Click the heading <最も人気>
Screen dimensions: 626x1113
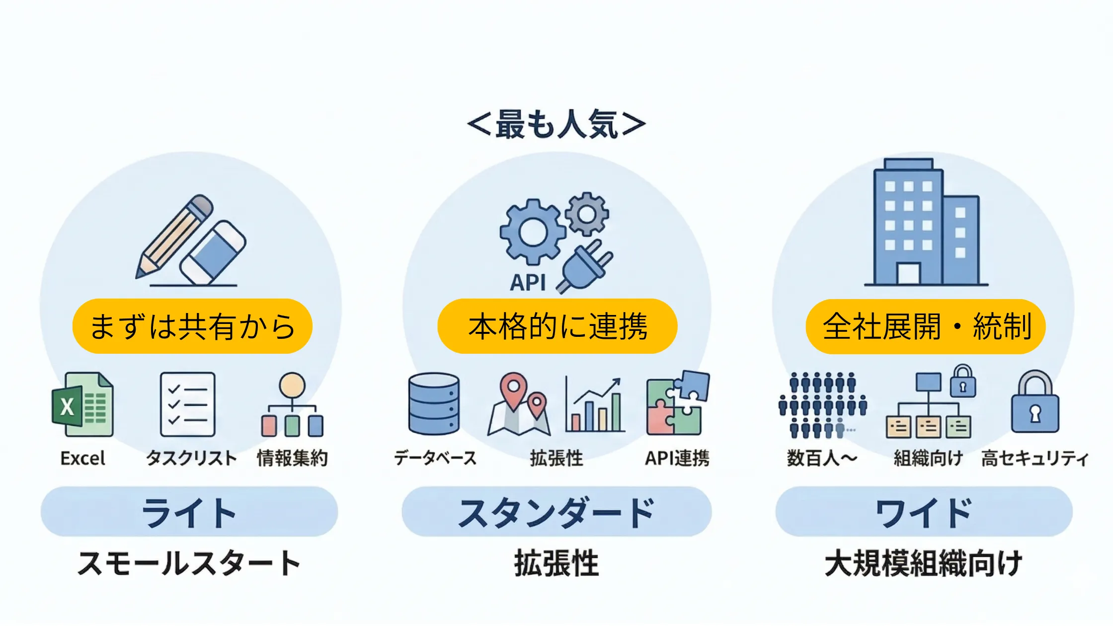click(556, 124)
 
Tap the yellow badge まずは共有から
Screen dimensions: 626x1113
click(192, 326)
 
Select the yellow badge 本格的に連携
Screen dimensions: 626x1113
click(557, 326)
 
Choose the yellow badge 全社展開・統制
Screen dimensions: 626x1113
click(925, 326)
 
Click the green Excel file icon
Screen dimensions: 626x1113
click(83, 405)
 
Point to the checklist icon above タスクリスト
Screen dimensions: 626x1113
click(188, 404)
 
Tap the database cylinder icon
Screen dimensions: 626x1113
click(434, 404)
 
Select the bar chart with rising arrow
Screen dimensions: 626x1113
click(594, 405)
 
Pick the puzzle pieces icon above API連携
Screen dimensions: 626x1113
click(677, 403)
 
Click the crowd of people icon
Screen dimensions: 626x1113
click(822, 405)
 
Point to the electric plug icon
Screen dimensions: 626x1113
click(586, 267)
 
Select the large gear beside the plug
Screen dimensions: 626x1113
click(533, 232)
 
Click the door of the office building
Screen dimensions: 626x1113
click(908, 273)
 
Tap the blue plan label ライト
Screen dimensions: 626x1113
click(189, 512)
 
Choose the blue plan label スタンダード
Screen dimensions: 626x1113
click(556, 512)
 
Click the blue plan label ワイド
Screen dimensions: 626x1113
click(924, 512)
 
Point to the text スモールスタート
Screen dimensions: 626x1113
click(189, 563)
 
